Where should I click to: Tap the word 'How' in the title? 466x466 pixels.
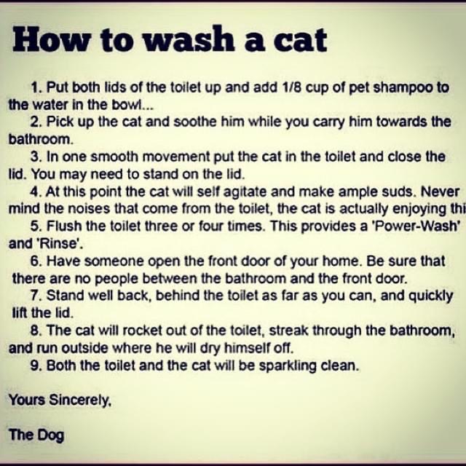(50, 39)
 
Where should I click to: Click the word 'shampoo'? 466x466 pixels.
(403, 88)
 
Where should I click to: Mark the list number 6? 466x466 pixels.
(36, 261)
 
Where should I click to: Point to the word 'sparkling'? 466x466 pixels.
(288, 366)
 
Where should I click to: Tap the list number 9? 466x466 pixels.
(36, 366)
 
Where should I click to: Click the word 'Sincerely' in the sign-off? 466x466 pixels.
(80, 400)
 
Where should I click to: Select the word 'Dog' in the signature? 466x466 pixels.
(50, 435)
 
